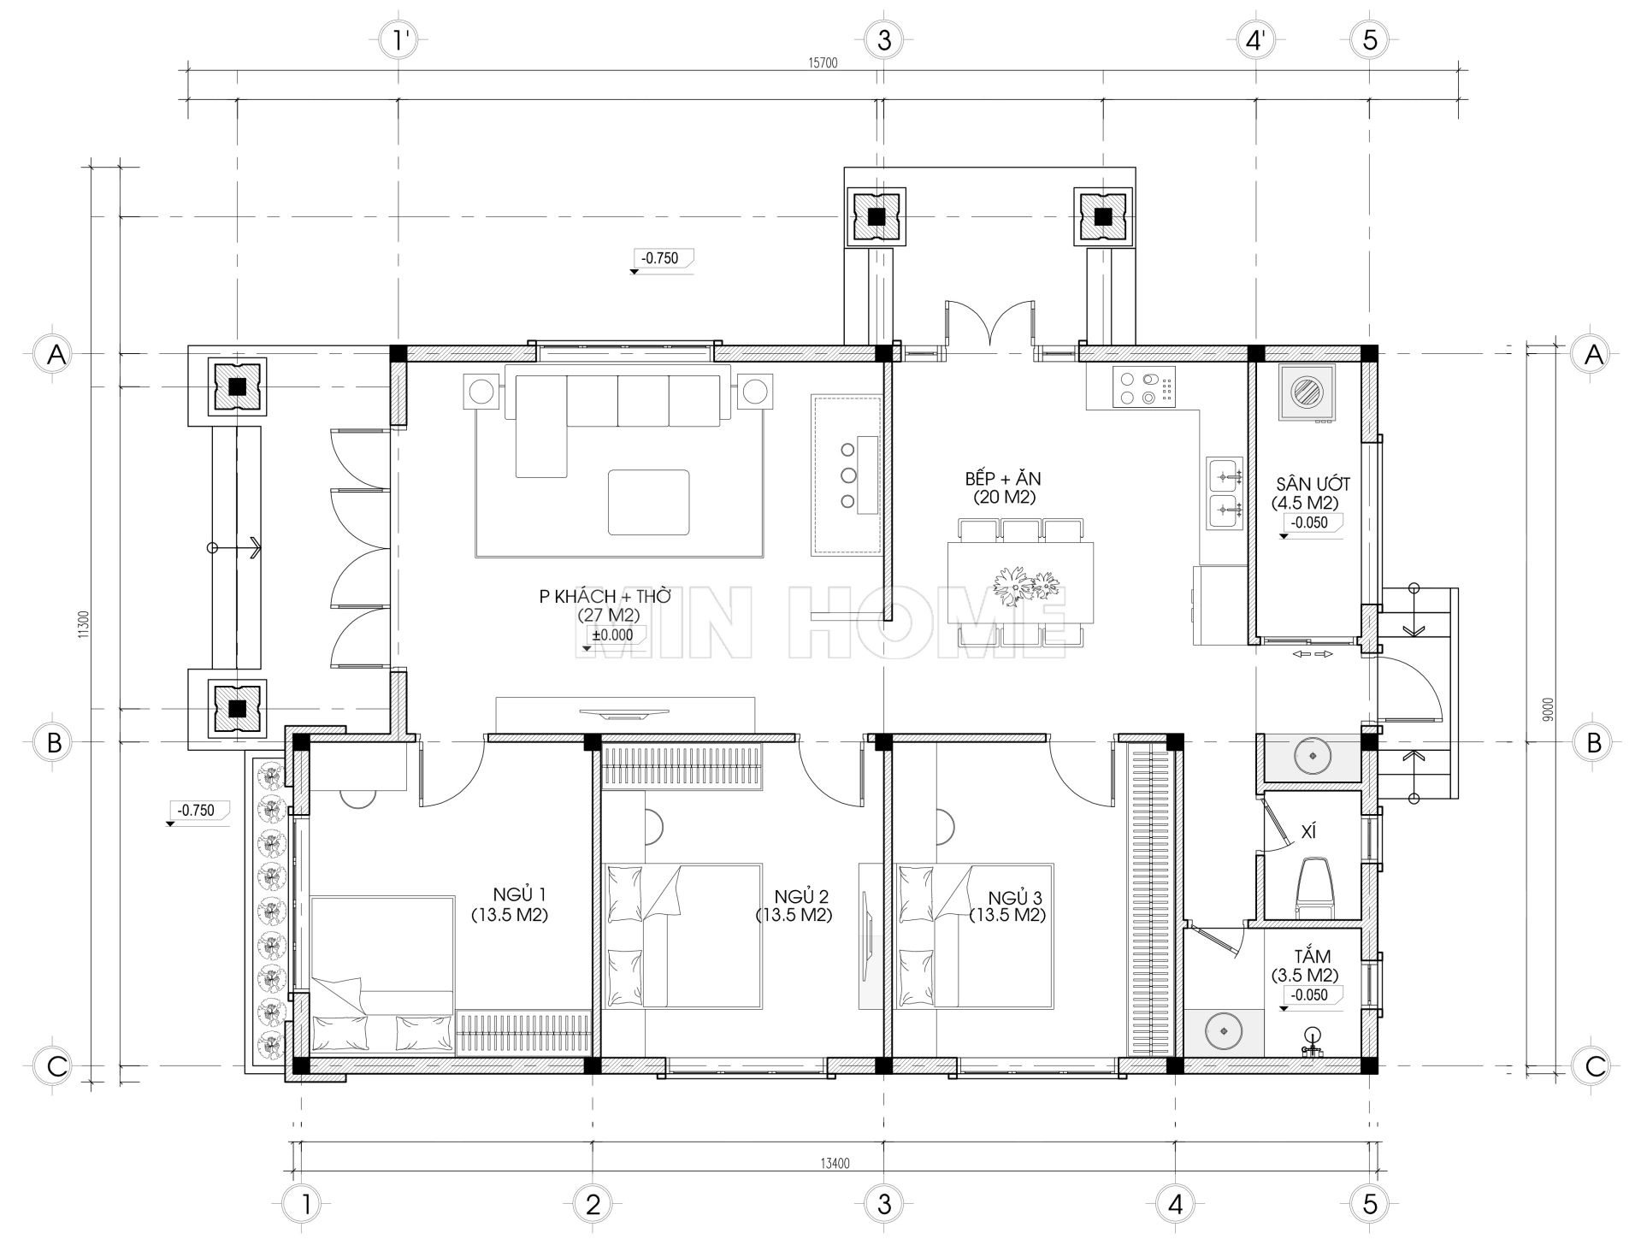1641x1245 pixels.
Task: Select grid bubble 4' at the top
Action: (1255, 40)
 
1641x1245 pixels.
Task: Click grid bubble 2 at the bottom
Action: (593, 1204)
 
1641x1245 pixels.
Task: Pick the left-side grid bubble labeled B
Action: (54, 742)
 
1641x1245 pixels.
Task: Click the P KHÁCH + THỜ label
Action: (605, 605)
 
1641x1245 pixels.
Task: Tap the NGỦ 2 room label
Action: (794, 906)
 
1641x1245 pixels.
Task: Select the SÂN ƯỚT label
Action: (1303, 493)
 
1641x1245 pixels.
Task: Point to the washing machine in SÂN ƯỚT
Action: (1307, 394)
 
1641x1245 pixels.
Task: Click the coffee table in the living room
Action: (648, 502)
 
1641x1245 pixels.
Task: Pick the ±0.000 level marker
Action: (612, 635)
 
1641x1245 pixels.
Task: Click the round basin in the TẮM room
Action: (1223, 1031)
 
